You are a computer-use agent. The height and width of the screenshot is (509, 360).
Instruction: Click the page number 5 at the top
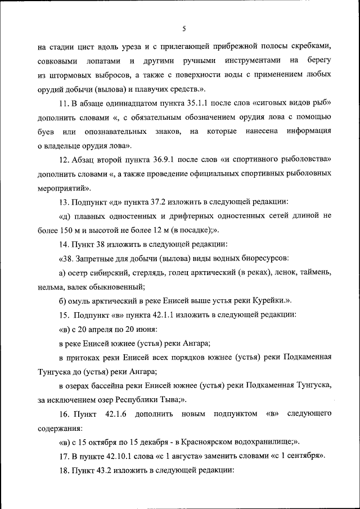[x=184, y=29]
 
